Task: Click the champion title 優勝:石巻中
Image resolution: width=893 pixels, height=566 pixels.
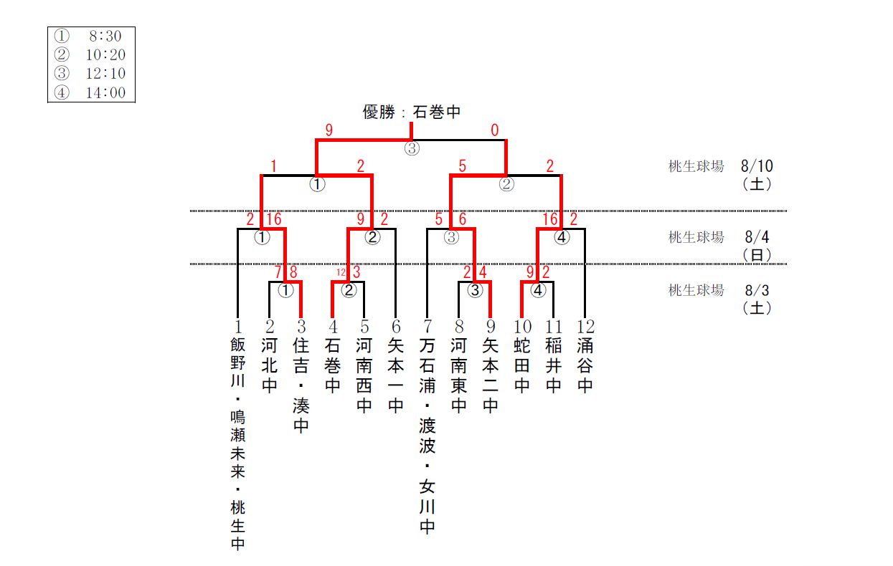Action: click(x=411, y=112)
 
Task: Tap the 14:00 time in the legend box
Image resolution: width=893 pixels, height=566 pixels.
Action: click(x=108, y=92)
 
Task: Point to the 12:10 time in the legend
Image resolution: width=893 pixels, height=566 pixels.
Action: click(x=108, y=73)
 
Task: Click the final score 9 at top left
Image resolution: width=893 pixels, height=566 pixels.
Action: click(x=329, y=130)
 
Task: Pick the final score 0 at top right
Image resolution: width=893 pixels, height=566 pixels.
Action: click(x=495, y=130)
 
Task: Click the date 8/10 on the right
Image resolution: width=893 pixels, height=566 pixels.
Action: click(x=757, y=166)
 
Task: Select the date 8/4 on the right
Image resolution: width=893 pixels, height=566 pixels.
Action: click(x=757, y=236)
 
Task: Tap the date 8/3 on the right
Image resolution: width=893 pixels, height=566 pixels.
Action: click(x=757, y=290)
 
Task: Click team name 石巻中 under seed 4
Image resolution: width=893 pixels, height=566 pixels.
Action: click(x=332, y=365)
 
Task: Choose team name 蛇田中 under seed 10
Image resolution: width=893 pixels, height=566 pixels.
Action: click(x=522, y=365)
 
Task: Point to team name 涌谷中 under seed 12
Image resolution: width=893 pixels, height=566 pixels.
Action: click(x=585, y=365)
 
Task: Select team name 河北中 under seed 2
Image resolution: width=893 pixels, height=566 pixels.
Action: click(x=270, y=365)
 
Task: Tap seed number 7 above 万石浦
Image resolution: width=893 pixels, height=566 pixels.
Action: click(x=427, y=327)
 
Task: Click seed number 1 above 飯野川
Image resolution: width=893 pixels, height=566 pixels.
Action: click(x=237, y=327)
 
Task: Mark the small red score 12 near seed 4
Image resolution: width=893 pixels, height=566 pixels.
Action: click(x=341, y=272)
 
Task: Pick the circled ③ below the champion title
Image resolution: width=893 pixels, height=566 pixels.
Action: click(x=412, y=149)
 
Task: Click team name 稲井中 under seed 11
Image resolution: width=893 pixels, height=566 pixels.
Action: click(x=553, y=365)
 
